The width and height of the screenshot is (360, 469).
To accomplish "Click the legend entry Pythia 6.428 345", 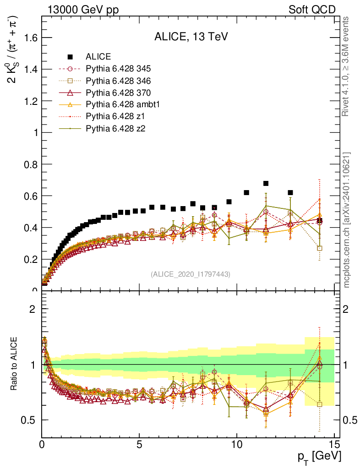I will click(118, 69).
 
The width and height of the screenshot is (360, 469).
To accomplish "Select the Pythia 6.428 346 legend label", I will click(118, 81).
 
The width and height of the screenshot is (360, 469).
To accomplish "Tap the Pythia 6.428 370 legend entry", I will click(118, 93).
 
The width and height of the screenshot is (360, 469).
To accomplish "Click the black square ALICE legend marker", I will click(70, 57).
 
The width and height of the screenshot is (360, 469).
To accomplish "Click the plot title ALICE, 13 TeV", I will click(191, 38).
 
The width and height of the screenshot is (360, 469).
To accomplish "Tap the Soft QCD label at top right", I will click(312, 10).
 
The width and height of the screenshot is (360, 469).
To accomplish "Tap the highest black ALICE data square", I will click(266, 183).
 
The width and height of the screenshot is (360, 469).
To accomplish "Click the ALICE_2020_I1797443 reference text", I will click(190, 274).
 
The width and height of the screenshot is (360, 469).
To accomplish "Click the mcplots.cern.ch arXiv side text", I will click(347, 220).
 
